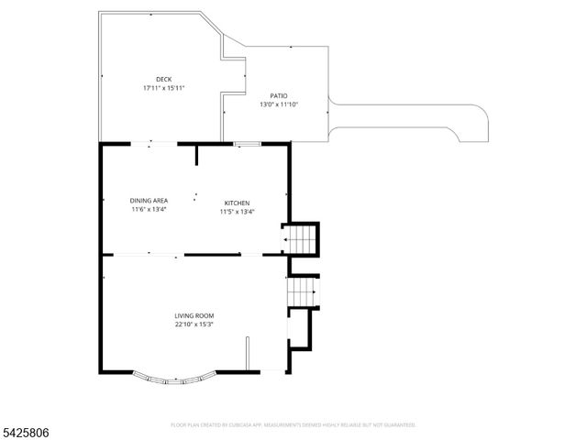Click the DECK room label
point(163,80)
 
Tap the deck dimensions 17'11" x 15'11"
point(163,88)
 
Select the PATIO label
point(278,95)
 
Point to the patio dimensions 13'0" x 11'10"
point(279,104)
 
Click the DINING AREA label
point(149,201)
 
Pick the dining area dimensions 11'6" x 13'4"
point(149,209)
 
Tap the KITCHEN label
point(238,203)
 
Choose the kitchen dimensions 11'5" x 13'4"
point(237,212)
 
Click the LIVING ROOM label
point(194,315)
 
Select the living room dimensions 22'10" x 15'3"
point(194,324)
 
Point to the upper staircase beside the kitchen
point(299,240)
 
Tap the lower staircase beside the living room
point(301,293)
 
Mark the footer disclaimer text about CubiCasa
point(293,425)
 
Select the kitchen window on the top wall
point(247,144)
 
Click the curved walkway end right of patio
point(472,124)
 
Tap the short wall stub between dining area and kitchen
point(197,154)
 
